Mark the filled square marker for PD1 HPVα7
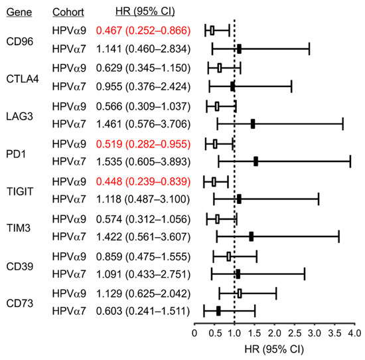tap(256, 161)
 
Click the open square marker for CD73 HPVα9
tap(240, 292)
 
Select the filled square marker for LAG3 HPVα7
tap(253, 124)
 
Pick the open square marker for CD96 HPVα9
tap(212, 30)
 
